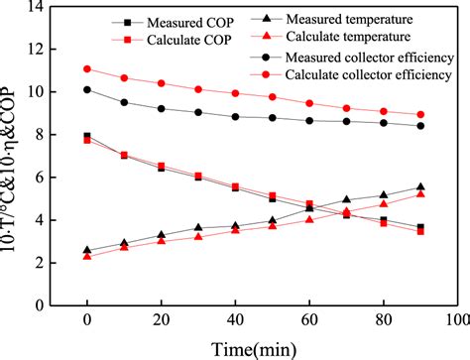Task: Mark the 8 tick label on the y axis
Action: (57, 134)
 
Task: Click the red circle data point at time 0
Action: (87, 69)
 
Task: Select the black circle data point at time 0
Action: (87, 89)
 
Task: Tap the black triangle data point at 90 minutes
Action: (420, 187)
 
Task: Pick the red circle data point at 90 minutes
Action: (420, 114)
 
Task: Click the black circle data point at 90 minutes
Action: (420, 126)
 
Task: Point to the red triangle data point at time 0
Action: (87, 256)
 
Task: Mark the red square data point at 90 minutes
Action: (420, 231)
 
